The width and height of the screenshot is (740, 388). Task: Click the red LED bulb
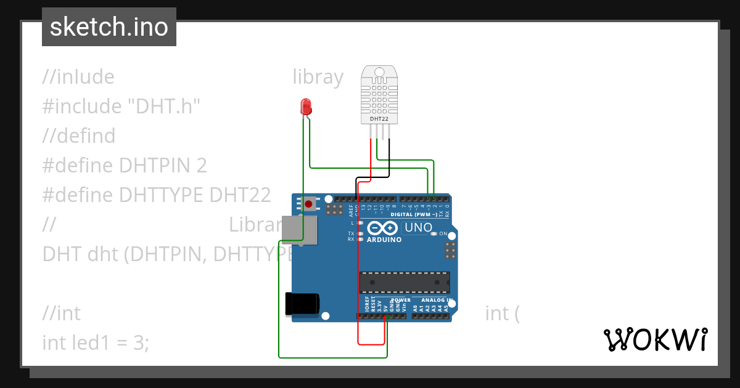(305, 107)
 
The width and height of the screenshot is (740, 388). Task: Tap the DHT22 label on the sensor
(378, 118)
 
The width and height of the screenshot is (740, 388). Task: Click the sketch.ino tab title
(109, 27)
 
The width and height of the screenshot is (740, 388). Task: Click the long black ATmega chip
(404, 282)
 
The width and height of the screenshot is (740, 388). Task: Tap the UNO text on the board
(418, 228)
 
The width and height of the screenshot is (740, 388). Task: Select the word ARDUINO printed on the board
(384, 240)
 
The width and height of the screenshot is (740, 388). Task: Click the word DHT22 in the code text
(240, 195)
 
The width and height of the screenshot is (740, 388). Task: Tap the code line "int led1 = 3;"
(96, 342)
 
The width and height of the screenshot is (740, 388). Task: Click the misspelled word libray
(318, 77)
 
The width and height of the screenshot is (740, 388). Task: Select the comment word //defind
(79, 135)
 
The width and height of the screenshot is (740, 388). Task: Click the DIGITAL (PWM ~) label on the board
(414, 214)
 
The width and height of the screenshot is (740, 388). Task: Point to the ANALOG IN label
(437, 301)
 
